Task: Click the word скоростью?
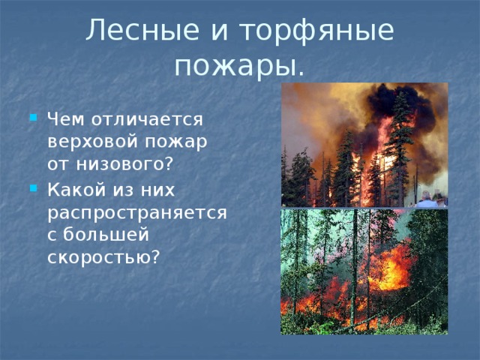click(103, 257)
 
